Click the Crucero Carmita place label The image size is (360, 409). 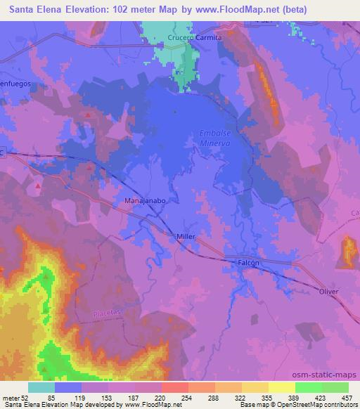click(x=195, y=37)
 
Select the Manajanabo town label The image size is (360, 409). click(x=145, y=200)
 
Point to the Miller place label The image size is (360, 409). click(x=186, y=237)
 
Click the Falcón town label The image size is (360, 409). click(x=247, y=263)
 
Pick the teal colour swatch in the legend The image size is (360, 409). click(x=41, y=387)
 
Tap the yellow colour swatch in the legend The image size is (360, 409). click(x=281, y=387)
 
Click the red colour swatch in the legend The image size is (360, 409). click(x=174, y=387)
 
